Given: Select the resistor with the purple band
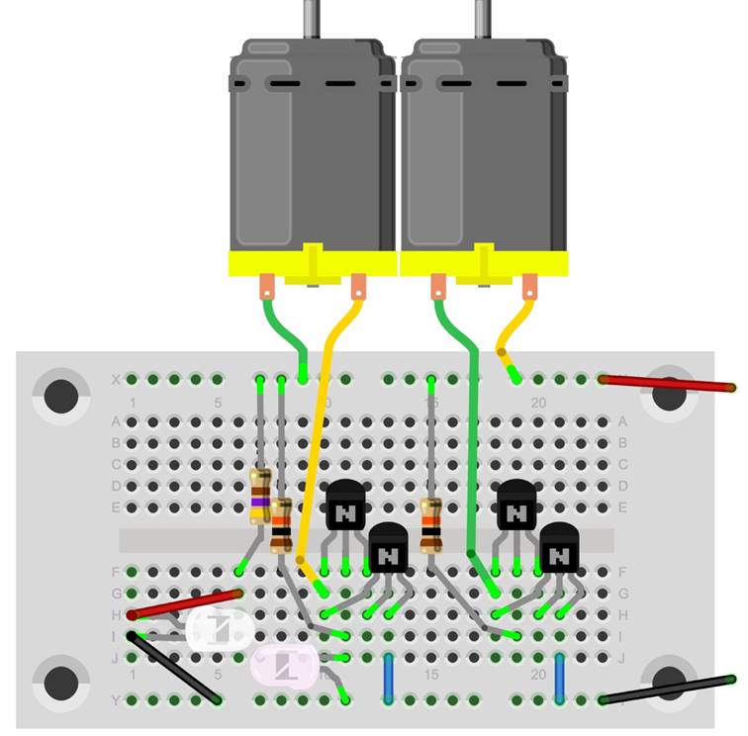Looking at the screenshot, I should (x=260, y=498).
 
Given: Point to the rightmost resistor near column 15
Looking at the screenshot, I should (x=431, y=524).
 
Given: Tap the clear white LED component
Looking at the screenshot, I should (x=221, y=627).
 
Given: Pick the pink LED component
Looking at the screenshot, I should (x=286, y=665).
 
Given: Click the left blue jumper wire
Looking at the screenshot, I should (x=389, y=678).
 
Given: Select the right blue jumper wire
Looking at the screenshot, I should (x=560, y=678).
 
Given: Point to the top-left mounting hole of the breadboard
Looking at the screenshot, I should (x=61, y=395).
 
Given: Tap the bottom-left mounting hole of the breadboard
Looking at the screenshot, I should (x=61, y=682).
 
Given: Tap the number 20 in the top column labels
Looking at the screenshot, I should (x=538, y=403).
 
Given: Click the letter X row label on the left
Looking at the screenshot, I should (x=116, y=379).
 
